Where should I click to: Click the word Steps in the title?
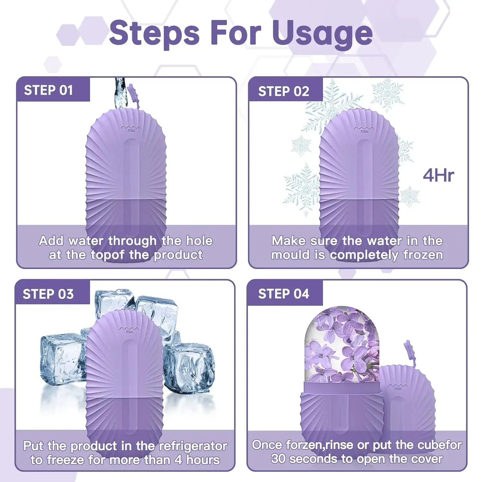(x=154, y=33)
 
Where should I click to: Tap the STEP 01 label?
(x=49, y=90)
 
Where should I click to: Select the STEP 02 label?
(x=283, y=92)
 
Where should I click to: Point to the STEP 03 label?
(x=48, y=294)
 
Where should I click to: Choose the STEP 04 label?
(x=283, y=294)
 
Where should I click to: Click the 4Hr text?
(x=438, y=175)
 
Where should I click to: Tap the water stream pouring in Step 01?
(x=119, y=93)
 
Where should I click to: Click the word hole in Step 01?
(x=200, y=241)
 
